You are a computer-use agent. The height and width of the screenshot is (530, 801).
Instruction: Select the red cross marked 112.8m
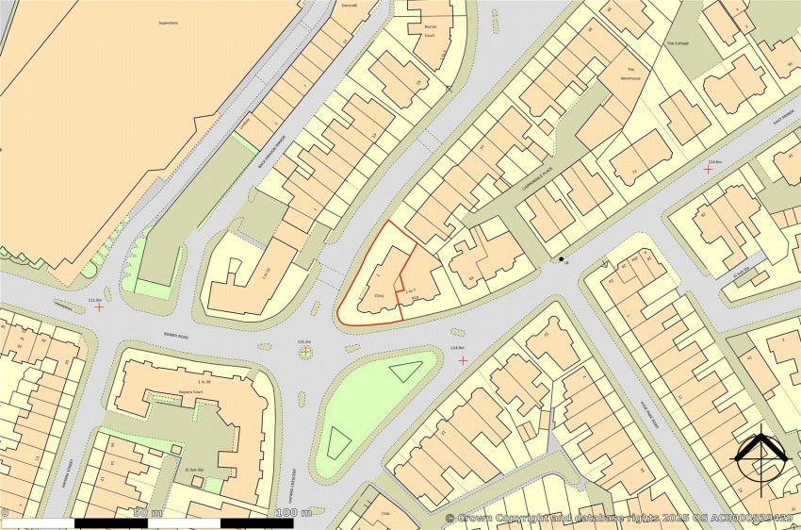point(99,307)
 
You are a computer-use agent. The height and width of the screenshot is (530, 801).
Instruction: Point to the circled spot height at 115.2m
point(304,353)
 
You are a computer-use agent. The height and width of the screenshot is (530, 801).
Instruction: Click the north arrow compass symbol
point(761,459)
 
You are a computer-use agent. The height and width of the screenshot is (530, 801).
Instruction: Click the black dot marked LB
point(562,259)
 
